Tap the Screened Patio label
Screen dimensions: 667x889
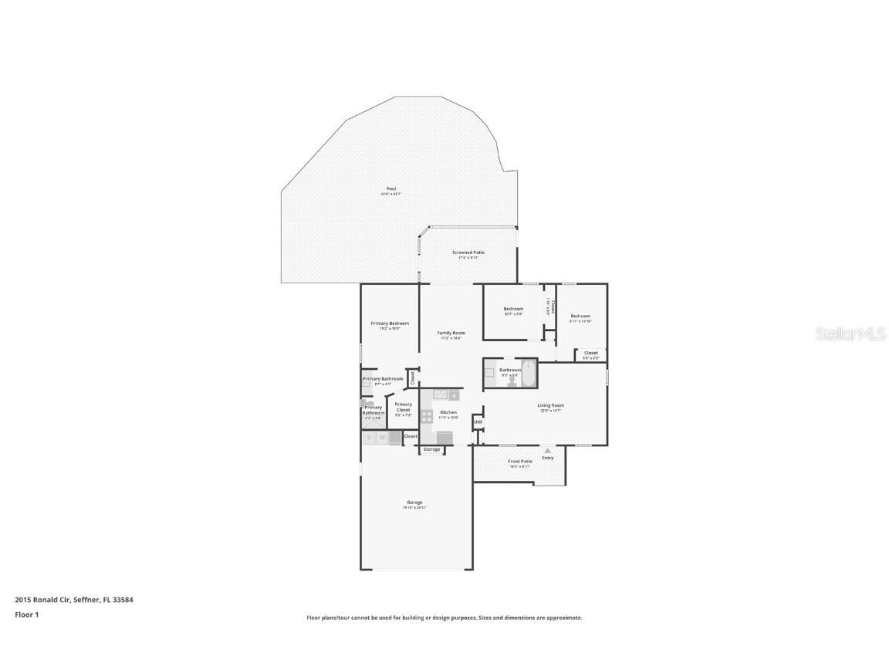[x=468, y=252]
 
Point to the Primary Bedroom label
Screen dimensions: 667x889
[x=390, y=323]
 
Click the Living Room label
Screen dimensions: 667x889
[x=550, y=405]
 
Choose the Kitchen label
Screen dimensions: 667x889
[x=448, y=412]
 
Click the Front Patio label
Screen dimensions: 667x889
[x=519, y=462]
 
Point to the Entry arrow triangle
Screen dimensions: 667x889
[x=547, y=451]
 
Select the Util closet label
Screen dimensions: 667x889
[x=478, y=422]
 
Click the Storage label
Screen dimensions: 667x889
[x=431, y=449]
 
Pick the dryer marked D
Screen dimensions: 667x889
[x=369, y=438]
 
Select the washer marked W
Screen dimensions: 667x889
[x=382, y=438]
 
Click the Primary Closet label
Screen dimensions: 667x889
[x=403, y=407]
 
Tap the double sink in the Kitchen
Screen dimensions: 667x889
[x=440, y=394]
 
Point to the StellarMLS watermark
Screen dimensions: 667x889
[x=851, y=334]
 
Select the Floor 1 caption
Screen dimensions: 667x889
[x=27, y=615]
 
